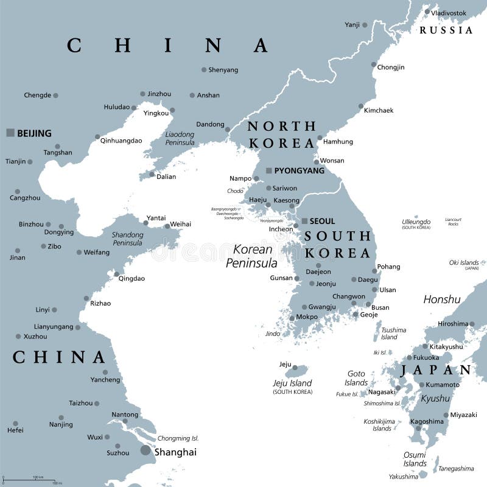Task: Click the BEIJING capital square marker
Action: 10,132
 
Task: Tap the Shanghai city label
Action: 175,452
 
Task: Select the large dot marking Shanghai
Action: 145,450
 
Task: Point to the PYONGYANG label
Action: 299,170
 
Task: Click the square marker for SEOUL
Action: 305,221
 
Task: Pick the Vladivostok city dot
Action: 427,12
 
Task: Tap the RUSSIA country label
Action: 446,30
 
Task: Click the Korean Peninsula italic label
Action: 251,256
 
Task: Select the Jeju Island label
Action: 292,384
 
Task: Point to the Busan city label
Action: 380,307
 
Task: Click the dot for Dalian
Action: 152,175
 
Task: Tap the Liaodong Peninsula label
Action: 180,138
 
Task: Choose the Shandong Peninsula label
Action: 127,239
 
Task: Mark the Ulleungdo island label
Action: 416,222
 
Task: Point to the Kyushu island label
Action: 436,399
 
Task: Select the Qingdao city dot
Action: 116,274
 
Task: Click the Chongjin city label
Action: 391,67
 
